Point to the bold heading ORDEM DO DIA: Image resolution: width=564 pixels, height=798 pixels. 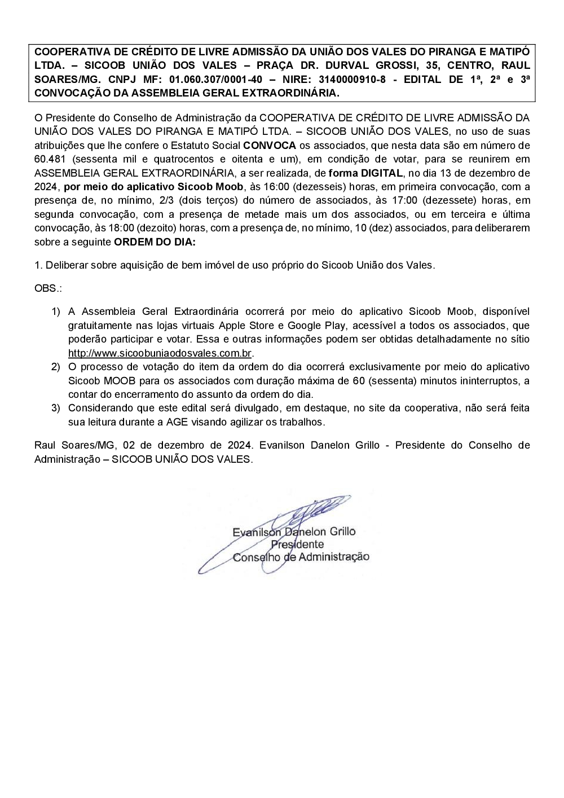[x=155, y=242]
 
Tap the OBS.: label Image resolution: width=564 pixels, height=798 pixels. [x=48, y=288]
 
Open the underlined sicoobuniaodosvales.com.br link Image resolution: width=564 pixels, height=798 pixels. [x=160, y=353]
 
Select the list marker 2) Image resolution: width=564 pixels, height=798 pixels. [x=55, y=367]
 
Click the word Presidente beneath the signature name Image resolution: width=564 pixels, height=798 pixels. [x=297, y=544]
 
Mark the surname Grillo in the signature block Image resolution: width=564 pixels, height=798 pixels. [x=339, y=531]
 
